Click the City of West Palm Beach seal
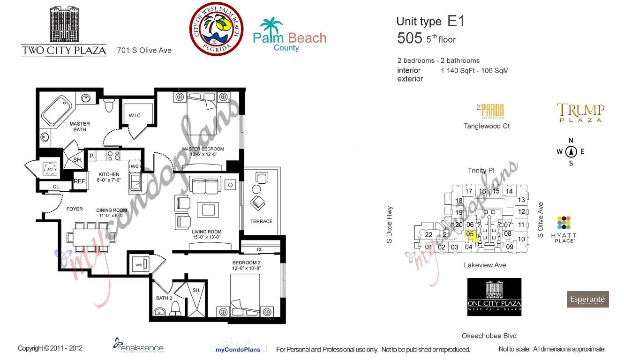(x=216, y=29)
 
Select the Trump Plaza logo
(x=580, y=113)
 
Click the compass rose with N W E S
(x=571, y=151)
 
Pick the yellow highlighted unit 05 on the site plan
(x=472, y=235)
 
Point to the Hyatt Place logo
(x=564, y=229)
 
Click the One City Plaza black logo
(x=494, y=297)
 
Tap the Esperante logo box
(x=588, y=299)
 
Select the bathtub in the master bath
(x=55, y=111)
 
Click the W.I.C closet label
(x=135, y=116)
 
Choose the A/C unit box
(x=50, y=169)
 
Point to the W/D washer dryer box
(x=139, y=265)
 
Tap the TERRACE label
(x=261, y=221)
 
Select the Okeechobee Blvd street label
(x=489, y=336)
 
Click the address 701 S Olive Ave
(x=144, y=50)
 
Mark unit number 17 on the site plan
(x=468, y=191)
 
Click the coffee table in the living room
(x=207, y=209)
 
